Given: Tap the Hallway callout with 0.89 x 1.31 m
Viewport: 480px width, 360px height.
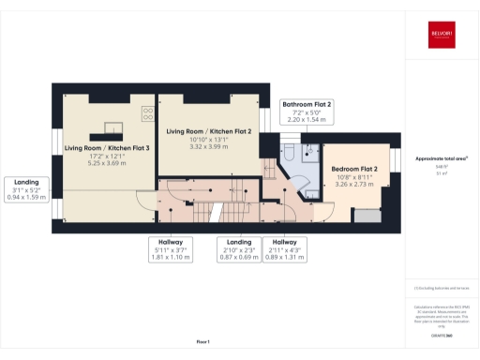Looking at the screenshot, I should (286, 248).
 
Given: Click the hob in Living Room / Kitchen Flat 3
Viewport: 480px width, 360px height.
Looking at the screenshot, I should (147, 114).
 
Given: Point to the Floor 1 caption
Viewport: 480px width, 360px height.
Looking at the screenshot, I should (202, 341).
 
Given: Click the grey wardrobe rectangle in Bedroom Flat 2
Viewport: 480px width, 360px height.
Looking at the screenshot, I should (369, 217).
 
